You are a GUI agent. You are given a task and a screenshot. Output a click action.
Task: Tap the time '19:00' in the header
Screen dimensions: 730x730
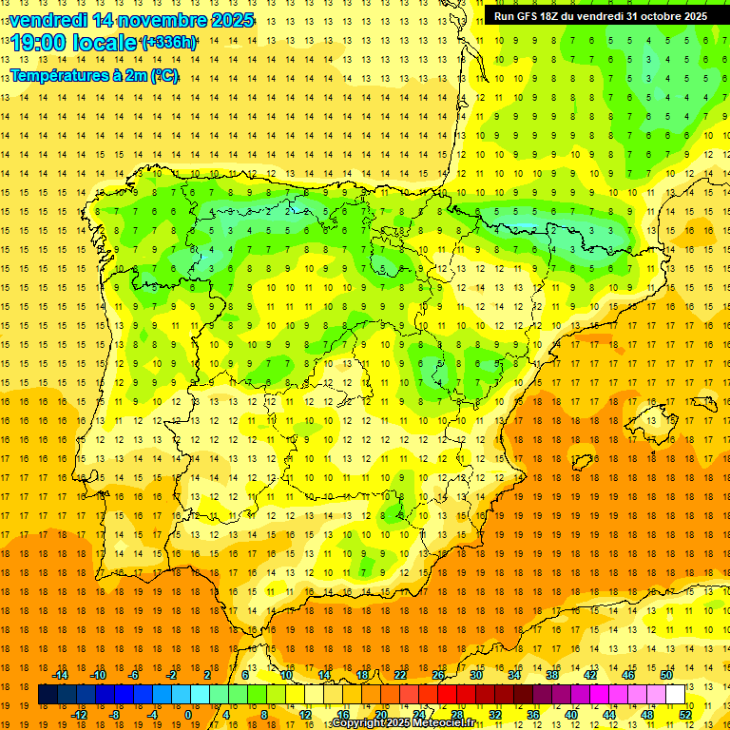point(43,43)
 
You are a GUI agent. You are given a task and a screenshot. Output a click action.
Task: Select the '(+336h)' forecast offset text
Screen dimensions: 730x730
point(169,43)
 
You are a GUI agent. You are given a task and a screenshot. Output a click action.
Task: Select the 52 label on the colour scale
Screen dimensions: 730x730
point(683,715)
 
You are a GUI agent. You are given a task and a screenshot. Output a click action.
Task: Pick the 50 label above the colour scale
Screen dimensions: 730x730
point(665,675)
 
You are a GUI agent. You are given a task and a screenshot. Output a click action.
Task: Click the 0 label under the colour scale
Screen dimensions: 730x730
point(188,715)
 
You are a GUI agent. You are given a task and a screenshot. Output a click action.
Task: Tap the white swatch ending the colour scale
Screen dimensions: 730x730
point(675,695)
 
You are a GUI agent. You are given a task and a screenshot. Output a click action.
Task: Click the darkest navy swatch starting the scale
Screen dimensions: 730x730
point(48,695)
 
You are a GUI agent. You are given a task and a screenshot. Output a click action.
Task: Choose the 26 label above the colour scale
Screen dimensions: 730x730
point(438,675)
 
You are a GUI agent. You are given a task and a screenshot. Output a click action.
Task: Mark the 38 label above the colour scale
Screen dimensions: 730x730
point(551,675)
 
